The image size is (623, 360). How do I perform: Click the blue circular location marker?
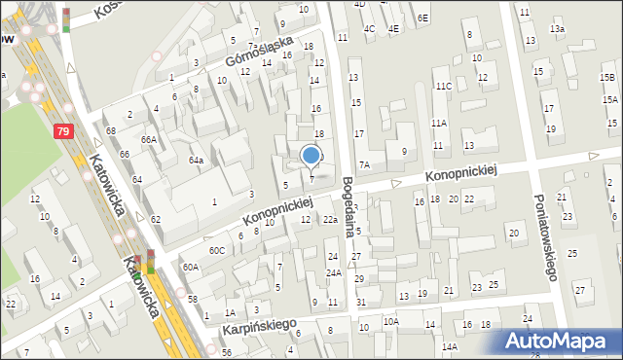[x=311, y=155]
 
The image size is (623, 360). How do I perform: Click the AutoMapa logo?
[x=560, y=341]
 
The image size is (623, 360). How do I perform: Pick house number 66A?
[x=147, y=139]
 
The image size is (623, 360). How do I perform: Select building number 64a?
[x=196, y=160]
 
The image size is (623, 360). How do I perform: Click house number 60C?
[x=216, y=250]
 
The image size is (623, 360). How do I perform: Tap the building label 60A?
[x=190, y=267]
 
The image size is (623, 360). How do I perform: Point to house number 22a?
[x=330, y=220]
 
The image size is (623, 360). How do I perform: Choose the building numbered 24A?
[x=334, y=272]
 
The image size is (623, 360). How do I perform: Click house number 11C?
[x=444, y=87]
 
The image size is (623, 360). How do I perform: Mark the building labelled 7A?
[x=364, y=164]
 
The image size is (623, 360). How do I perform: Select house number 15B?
[x=608, y=77]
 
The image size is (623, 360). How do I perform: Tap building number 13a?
[x=557, y=29]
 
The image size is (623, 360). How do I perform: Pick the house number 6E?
[x=421, y=18]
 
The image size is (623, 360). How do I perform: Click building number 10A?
[x=390, y=321]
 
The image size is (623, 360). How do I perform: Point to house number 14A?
[x=449, y=346]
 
